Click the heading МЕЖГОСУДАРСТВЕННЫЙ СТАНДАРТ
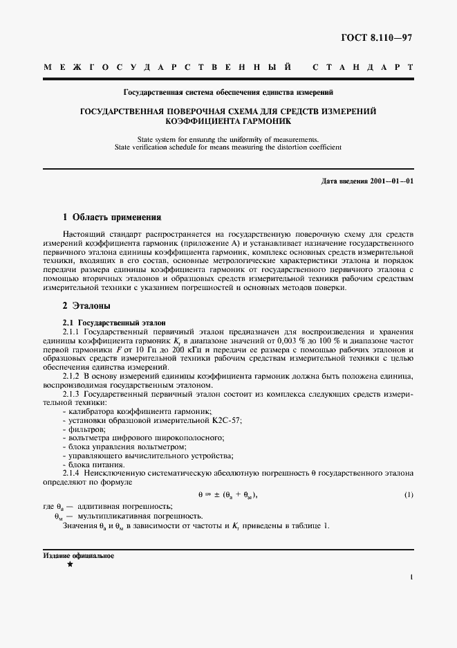[228, 68]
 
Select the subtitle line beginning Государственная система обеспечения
[228, 91]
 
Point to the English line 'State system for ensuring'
[228, 139]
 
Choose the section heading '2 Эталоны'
[86, 305]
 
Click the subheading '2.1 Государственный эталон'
[114, 323]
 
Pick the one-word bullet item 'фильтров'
[83, 429]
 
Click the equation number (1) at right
[409, 494]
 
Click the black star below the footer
[70, 565]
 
